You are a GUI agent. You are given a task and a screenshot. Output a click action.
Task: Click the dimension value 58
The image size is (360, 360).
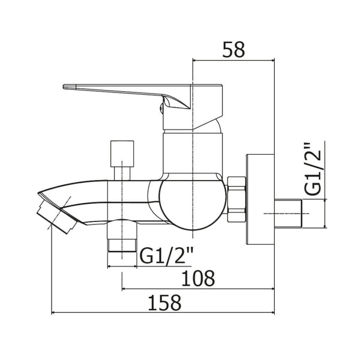pyautogui.click(x=233, y=50)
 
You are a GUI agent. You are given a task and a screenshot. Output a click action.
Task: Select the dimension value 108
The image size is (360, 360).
pyautogui.click(x=198, y=278)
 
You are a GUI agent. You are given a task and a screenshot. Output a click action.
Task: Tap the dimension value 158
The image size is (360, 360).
pyautogui.click(x=164, y=302)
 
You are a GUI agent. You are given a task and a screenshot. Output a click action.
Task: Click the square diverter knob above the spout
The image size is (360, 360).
pyautogui.click(x=122, y=154)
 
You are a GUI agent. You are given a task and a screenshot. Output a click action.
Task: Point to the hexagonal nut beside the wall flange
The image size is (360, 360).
pyautogui.click(x=236, y=199)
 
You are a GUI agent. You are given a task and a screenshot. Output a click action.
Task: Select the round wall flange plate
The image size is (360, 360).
pyautogui.click(x=260, y=199)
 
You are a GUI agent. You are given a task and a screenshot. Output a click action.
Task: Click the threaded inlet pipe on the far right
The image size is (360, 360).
pyautogui.click(x=288, y=214)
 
